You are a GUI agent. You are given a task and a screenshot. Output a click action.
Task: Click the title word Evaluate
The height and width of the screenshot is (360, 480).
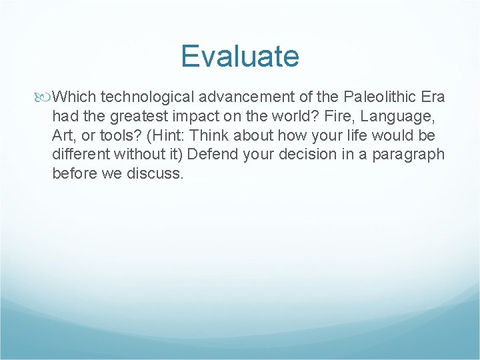[x=240, y=56]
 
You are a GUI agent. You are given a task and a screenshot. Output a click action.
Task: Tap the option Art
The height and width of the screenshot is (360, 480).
[x=63, y=136]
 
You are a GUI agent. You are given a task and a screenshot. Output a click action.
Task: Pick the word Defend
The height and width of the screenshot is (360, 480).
[x=214, y=155]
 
